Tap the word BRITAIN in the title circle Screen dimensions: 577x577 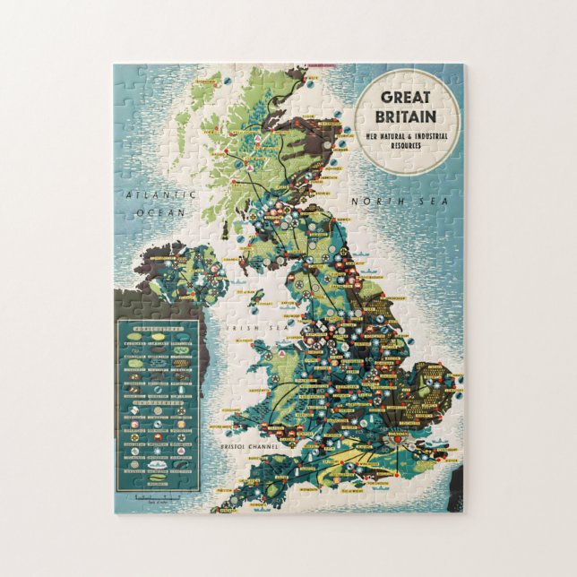click(407, 116)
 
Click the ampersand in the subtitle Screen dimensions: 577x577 click(409, 135)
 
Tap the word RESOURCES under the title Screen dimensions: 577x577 click(407, 143)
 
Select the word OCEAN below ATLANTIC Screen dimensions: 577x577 click(160, 212)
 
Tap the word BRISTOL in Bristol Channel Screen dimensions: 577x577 click(226, 445)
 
